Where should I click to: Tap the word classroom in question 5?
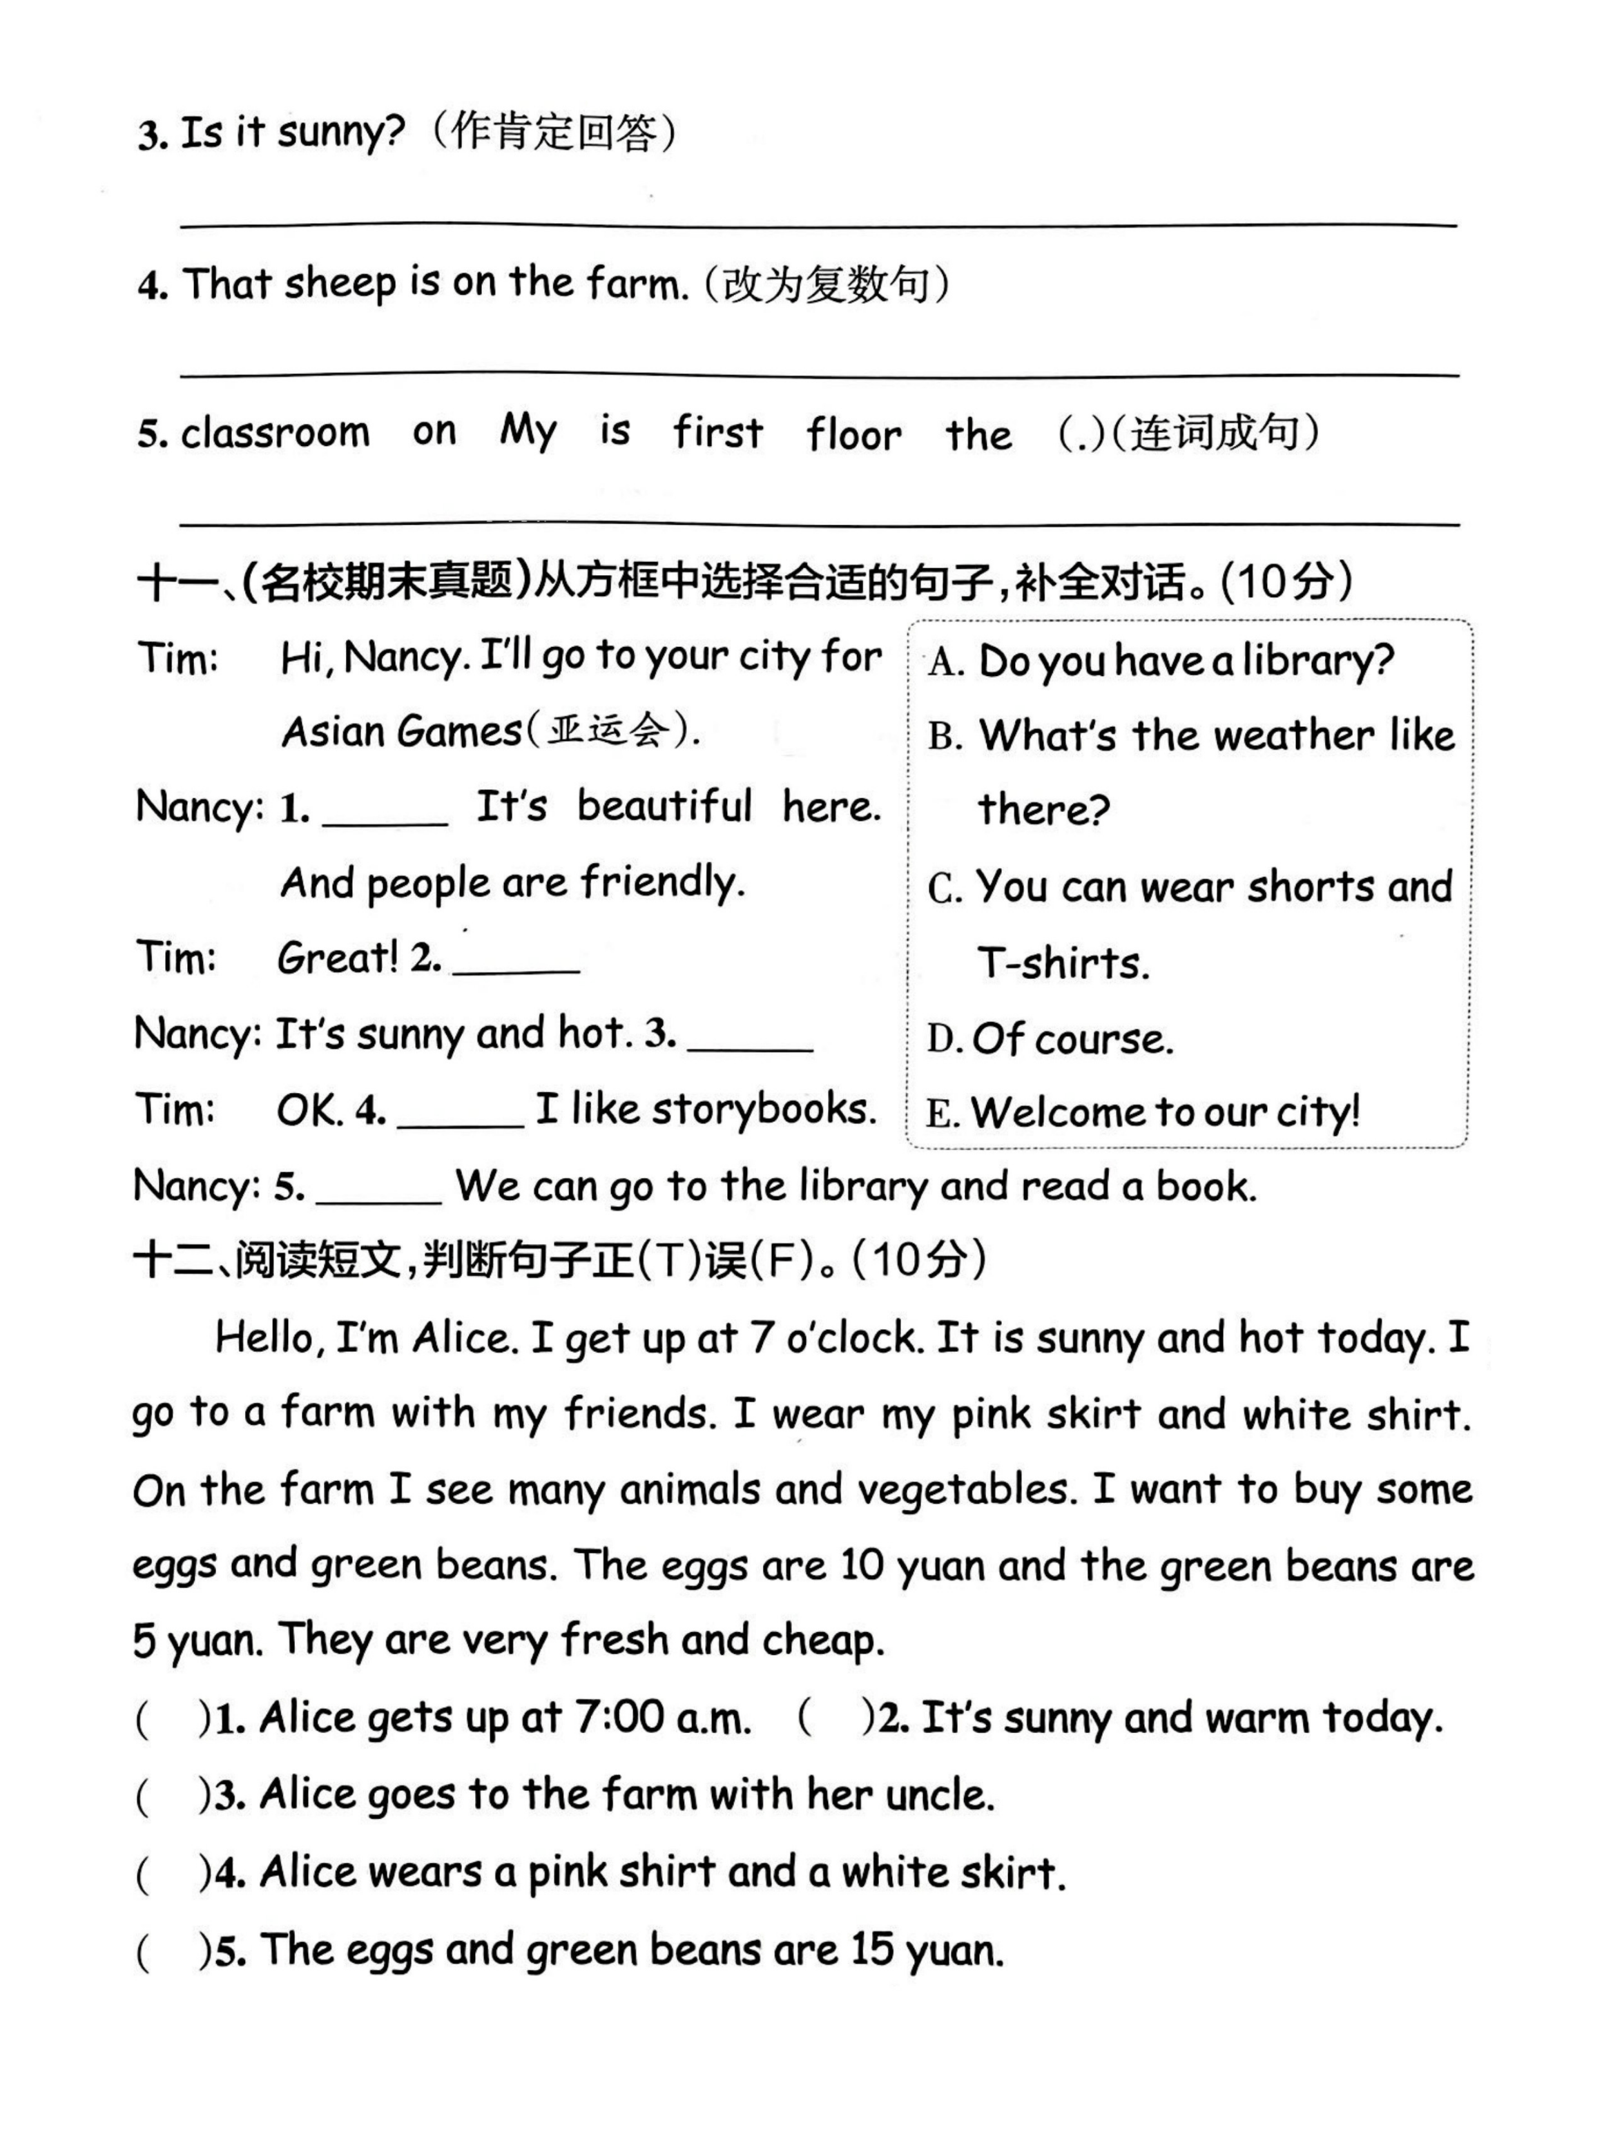click(275, 432)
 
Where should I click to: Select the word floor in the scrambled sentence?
click(853, 434)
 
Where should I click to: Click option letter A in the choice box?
click(943, 663)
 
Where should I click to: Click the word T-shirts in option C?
click(1062, 963)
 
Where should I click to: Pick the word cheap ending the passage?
click(822, 1640)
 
